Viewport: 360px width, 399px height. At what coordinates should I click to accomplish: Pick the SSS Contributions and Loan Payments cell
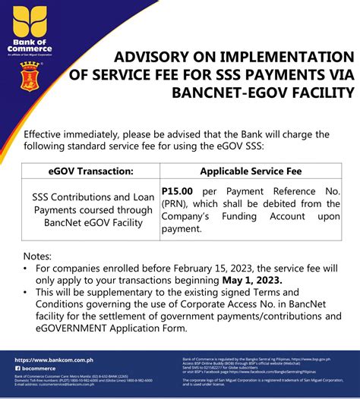(x=87, y=204)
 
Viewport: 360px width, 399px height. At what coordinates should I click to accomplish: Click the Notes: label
(x=37, y=256)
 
